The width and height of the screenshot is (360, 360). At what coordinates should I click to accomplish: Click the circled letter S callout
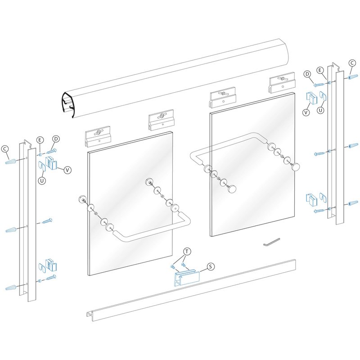click(211, 266)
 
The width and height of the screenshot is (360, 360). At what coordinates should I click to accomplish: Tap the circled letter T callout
click(187, 252)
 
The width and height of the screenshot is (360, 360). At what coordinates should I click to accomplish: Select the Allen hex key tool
click(272, 242)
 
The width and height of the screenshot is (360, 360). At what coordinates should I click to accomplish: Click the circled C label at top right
click(352, 63)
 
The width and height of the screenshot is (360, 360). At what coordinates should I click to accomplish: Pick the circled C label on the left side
click(4, 149)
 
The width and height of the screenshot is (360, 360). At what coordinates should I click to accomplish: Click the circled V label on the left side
click(67, 170)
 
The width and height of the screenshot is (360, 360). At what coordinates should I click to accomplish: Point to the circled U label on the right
click(320, 110)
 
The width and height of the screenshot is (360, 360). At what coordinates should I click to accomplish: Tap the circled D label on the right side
click(307, 74)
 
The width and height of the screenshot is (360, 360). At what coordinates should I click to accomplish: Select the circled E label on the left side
click(40, 140)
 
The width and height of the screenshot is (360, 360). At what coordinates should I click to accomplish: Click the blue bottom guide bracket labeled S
click(187, 277)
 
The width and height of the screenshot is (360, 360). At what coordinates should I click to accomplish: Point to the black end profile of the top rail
click(67, 105)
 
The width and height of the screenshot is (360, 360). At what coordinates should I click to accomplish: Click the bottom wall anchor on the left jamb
click(11, 287)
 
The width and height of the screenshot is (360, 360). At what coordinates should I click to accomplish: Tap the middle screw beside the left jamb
click(47, 221)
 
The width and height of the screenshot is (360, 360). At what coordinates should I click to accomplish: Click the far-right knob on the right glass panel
click(295, 166)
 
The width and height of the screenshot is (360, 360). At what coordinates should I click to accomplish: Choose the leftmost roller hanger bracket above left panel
click(98, 136)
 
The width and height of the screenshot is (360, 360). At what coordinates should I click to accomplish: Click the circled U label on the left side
click(42, 181)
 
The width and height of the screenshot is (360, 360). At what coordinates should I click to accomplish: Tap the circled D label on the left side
click(56, 139)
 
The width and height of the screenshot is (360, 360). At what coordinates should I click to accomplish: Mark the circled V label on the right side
click(306, 112)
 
